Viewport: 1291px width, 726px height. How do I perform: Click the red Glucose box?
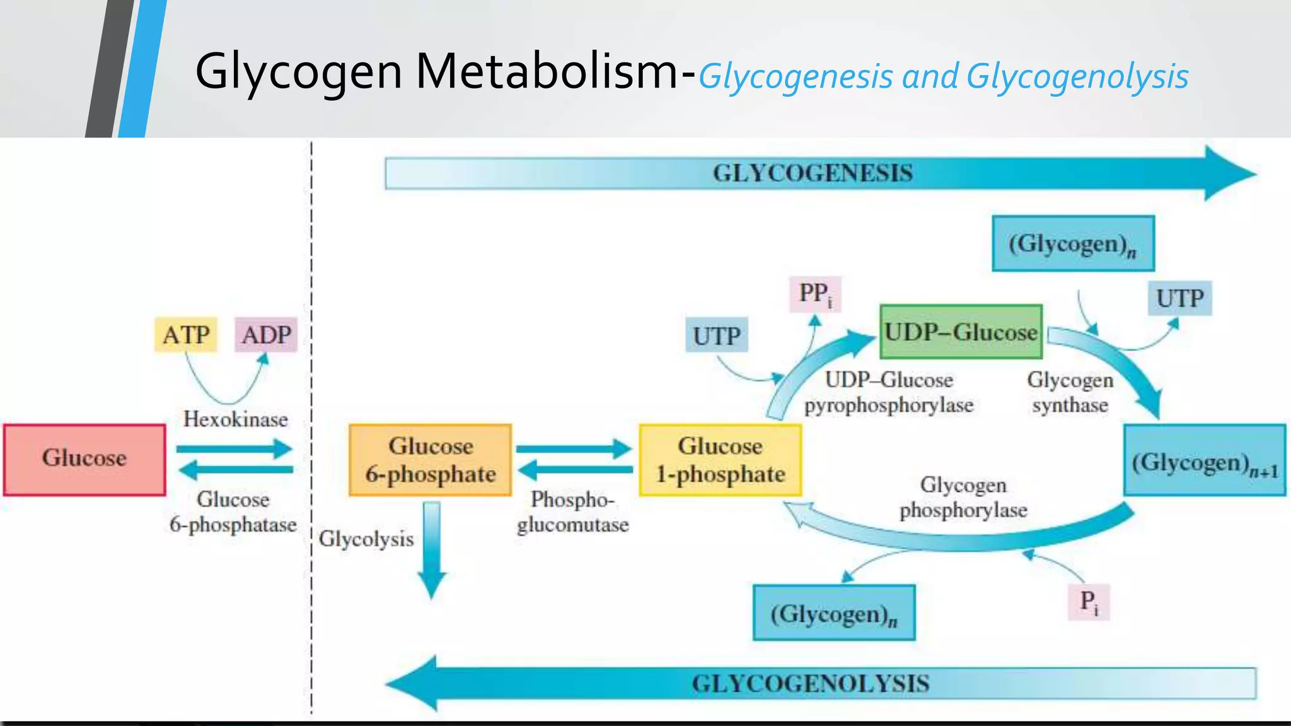coord(84,459)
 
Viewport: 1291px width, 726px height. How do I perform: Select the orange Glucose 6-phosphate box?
coord(430,460)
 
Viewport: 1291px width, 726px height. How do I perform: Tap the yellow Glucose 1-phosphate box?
coord(720,460)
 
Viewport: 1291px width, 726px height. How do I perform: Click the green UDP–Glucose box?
coord(960,332)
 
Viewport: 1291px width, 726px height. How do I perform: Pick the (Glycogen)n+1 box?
coord(1204,461)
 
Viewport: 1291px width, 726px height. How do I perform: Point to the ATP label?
coord(186,335)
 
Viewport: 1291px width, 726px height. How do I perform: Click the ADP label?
coord(266,335)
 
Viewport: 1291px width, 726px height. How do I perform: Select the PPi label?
coord(814,294)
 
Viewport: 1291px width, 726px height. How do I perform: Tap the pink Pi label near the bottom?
coord(1089,602)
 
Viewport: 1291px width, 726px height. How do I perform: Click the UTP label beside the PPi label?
coord(716,335)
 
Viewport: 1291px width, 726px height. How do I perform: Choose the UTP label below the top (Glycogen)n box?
coord(1179,298)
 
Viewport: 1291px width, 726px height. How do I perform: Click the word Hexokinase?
coord(235,419)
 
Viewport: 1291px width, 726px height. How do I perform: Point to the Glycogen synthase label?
coord(1070,392)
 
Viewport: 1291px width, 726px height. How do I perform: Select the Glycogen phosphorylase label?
coord(963,497)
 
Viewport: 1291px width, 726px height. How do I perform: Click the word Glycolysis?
coord(366,539)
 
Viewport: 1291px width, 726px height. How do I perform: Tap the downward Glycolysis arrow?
coord(432,548)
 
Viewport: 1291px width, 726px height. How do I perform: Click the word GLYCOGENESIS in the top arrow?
coord(812,173)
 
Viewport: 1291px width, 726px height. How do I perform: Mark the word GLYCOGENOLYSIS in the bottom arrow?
coord(810,684)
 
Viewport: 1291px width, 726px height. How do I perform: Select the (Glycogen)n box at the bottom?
coord(833,613)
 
